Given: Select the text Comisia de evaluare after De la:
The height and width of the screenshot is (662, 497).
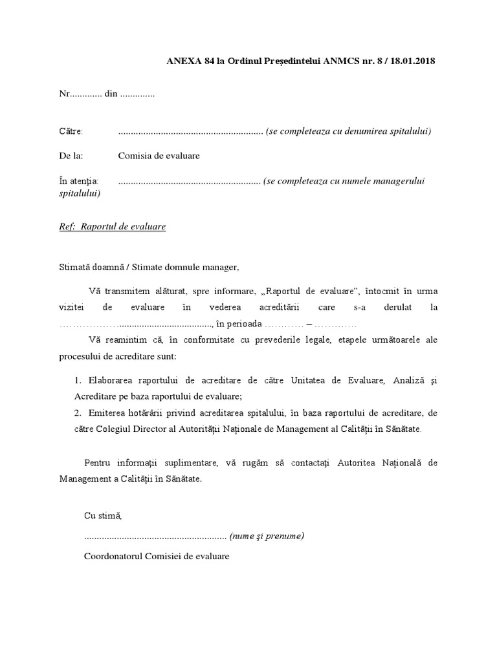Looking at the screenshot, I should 159,156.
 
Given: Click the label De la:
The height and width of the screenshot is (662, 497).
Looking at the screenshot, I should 71,156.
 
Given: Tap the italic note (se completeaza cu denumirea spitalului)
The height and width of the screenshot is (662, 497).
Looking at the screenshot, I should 348,131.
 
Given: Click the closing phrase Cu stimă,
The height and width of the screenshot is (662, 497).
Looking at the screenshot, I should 103,515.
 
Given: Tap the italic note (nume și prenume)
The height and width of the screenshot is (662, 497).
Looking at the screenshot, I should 267,536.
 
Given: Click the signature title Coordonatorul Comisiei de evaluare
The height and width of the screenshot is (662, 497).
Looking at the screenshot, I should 157,556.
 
